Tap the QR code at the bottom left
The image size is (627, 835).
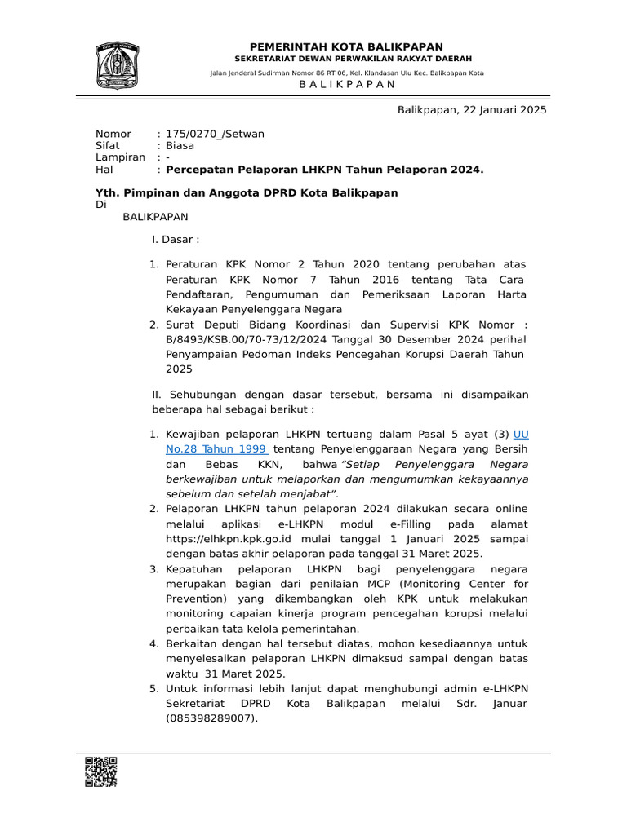[x=100, y=771]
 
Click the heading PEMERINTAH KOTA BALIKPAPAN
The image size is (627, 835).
[x=347, y=47]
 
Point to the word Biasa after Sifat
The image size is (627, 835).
[x=180, y=146]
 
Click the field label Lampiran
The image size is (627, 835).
[x=120, y=157]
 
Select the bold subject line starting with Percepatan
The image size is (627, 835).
[x=325, y=170]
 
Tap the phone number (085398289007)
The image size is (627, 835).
[x=211, y=718]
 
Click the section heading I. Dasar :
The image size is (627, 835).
[x=176, y=240]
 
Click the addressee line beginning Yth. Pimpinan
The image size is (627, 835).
[x=247, y=192]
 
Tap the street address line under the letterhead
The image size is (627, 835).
[x=347, y=73]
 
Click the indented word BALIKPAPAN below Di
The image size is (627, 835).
[x=155, y=217]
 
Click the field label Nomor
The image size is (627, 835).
[x=113, y=134]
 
